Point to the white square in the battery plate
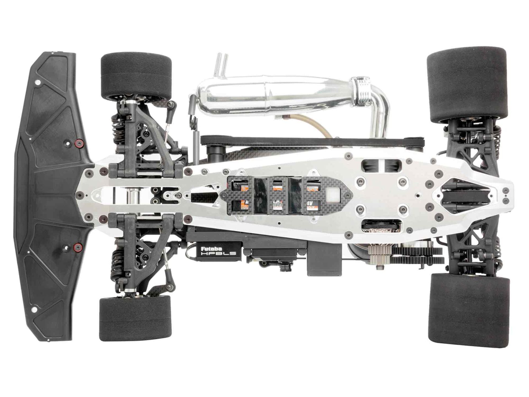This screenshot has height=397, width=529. point(332,196)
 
